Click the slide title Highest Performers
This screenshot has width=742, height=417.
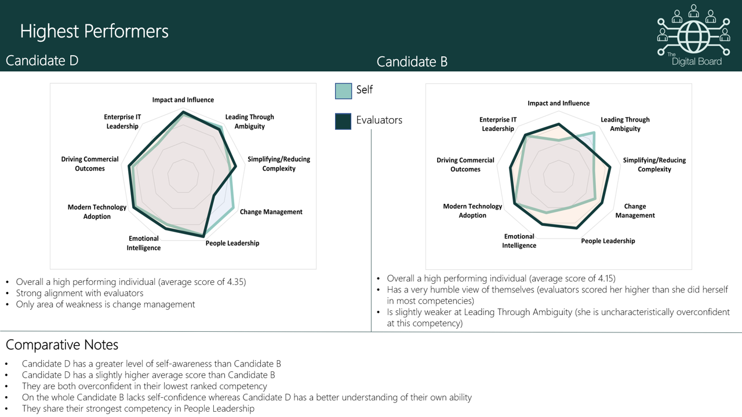click(x=94, y=31)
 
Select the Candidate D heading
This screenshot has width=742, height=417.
click(x=42, y=60)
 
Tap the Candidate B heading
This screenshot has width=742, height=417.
click(x=412, y=62)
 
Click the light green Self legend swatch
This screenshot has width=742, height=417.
click(x=343, y=91)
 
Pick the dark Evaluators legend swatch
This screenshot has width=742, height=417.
click(x=343, y=121)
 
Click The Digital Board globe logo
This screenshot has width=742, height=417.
click(x=693, y=35)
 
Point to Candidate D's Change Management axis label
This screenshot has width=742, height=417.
click(x=271, y=212)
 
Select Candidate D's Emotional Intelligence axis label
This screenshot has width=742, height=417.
click(x=144, y=243)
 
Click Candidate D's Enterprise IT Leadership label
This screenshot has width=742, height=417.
click(x=122, y=122)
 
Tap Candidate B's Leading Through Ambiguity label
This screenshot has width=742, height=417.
click(x=625, y=124)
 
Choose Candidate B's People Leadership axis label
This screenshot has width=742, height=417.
click(x=608, y=241)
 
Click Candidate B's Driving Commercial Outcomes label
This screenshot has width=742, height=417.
click(x=465, y=164)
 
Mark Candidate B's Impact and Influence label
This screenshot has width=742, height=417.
click(x=558, y=103)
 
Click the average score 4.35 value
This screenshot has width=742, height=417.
click(x=234, y=282)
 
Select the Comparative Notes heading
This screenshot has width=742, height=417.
click(x=62, y=345)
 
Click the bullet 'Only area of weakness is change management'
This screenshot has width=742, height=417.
click(x=106, y=304)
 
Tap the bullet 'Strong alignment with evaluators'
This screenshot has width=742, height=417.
click(x=79, y=293)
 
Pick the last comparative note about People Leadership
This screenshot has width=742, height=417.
click(x=138, y=408)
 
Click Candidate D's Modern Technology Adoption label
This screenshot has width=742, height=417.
click(x=97, y=212)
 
